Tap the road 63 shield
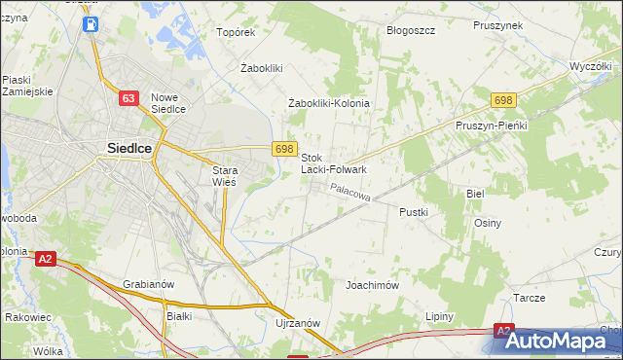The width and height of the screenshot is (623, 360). [128, 98]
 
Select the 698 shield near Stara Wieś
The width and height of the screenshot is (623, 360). [284, 148]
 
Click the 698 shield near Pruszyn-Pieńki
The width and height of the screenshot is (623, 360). [502, 100]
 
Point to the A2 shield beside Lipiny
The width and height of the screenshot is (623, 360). [502, 331]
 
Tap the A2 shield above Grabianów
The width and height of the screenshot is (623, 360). [45, 259]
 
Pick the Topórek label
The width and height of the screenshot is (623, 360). [236, 32]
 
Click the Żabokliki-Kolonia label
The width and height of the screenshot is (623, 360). [330, 103]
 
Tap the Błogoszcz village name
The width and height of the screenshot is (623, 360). [410, 30]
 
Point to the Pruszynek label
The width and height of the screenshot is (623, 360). [498, 26]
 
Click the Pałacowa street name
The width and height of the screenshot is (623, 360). [350, 194]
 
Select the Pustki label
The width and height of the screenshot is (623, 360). [415, 210]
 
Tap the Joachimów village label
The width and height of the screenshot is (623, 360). [373, 286]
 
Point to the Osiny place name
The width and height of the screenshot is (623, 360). [488, 223]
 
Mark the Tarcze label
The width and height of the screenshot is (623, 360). [529, 299]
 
